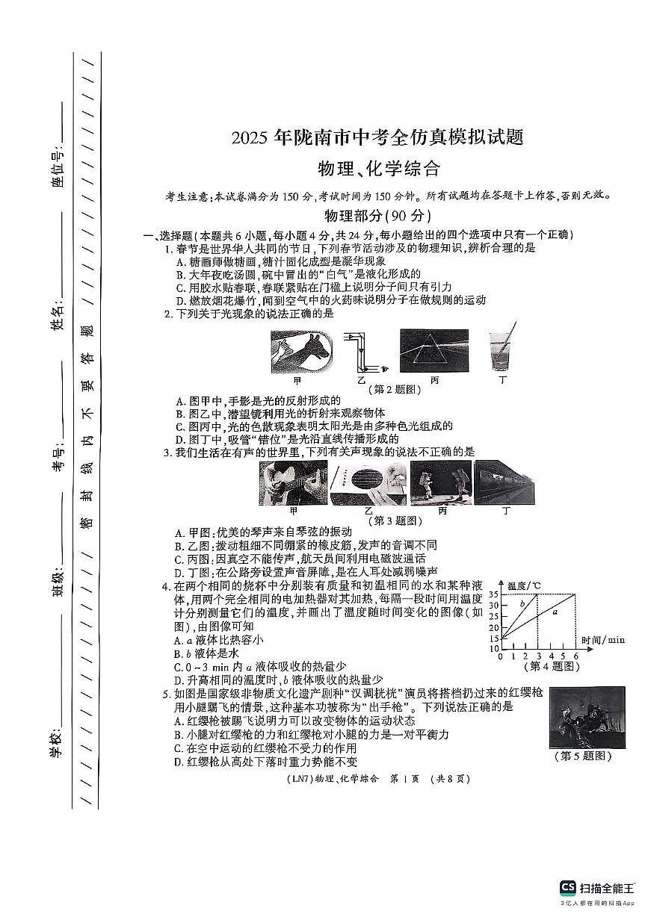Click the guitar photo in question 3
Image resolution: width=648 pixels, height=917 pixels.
coord(292,483)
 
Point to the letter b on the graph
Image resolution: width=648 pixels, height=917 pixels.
coord(523,602)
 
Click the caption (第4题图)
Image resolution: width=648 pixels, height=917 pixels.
coord(554,666)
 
